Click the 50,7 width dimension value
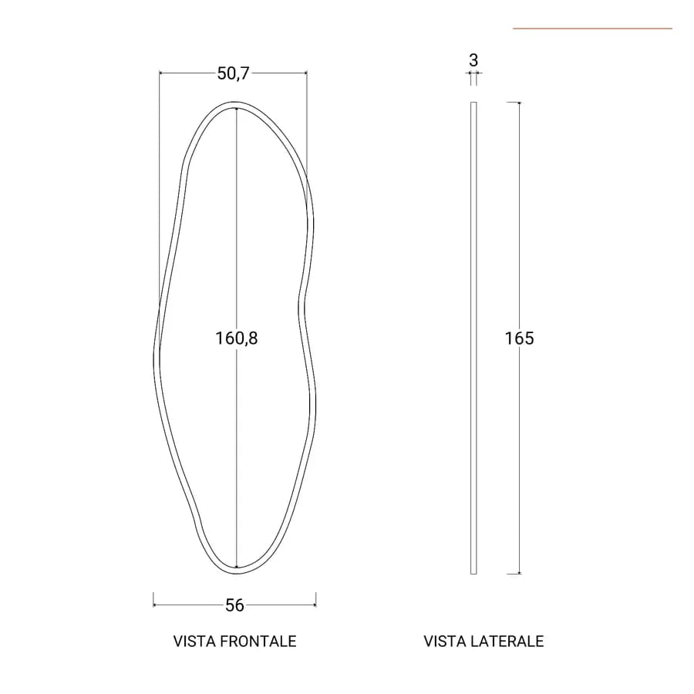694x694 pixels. coord(233,73)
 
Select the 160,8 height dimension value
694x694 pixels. coord(237,339)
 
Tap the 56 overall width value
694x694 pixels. coord(234,605)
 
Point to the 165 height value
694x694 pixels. coord(520,339)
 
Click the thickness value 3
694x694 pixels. coord(473,60)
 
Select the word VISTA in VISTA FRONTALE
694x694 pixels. coord(194,642)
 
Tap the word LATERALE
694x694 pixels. coord(507,642)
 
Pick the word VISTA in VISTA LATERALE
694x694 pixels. coord(444,642)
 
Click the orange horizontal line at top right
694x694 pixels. coord(593,29)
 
